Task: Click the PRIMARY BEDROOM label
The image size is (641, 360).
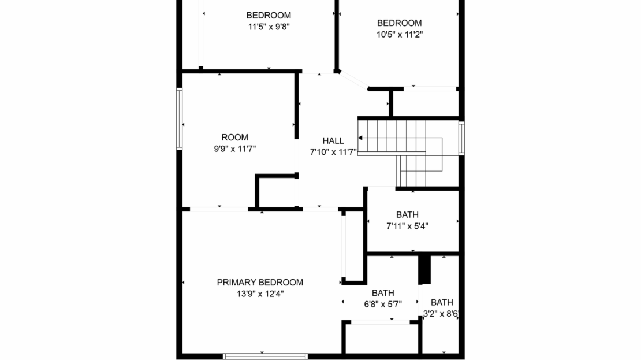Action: point(260,282)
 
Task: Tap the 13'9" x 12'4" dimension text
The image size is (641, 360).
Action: point(260,294)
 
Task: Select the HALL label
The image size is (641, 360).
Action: point(333,141)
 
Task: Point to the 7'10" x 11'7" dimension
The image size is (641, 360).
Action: point(333,152)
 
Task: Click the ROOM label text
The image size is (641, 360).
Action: point(234,138)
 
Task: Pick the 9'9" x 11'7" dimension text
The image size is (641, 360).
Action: point(234,149)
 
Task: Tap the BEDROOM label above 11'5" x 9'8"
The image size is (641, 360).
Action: point(269,16)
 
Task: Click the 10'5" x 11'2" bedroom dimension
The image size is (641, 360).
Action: point(400,34)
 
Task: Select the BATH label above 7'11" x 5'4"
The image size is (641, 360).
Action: point(407,215)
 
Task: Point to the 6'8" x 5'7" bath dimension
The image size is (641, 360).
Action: point(383,305)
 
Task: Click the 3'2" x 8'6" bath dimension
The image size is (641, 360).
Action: point(441,314)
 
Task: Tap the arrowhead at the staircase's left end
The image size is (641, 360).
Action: point(360,138)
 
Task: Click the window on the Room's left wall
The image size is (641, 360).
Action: point(179,119)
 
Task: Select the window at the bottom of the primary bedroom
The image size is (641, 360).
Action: point(265,357)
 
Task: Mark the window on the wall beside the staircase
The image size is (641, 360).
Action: point(461,138)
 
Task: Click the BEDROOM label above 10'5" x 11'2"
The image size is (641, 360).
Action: point(400,23)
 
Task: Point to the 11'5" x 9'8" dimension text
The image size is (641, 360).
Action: point(269,27)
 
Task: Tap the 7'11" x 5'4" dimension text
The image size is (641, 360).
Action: point(407,226)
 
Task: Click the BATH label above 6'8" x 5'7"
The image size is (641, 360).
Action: point(383,293)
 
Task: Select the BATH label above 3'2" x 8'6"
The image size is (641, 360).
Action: point(442,302)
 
